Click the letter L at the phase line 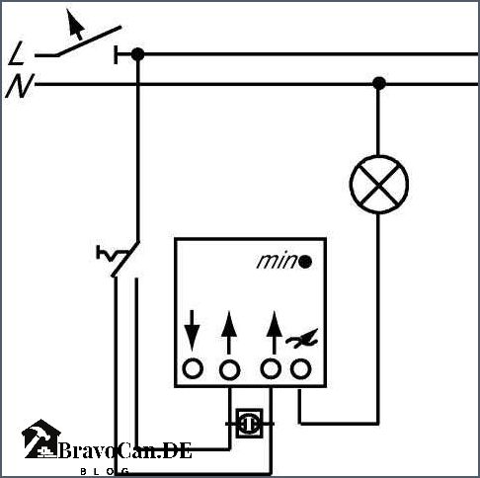[17, 53]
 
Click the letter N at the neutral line [20, 86]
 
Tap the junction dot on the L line [137, 54]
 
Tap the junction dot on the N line [379, 84]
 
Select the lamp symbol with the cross [379, 185]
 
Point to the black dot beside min [305, 262]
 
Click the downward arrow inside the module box [192, 331]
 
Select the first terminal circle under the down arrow [193, 369]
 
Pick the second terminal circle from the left [229, 369]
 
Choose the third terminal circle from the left [271, 368]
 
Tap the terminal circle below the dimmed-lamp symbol [300, 368]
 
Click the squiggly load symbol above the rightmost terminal [302, 338]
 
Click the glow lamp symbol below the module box [249, 424]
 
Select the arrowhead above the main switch [75, 24]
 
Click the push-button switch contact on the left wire [119, 259]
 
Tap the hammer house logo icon [40, 438]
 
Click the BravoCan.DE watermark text [124, 450]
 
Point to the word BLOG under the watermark [105, 471]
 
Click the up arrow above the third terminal [274, 332]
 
